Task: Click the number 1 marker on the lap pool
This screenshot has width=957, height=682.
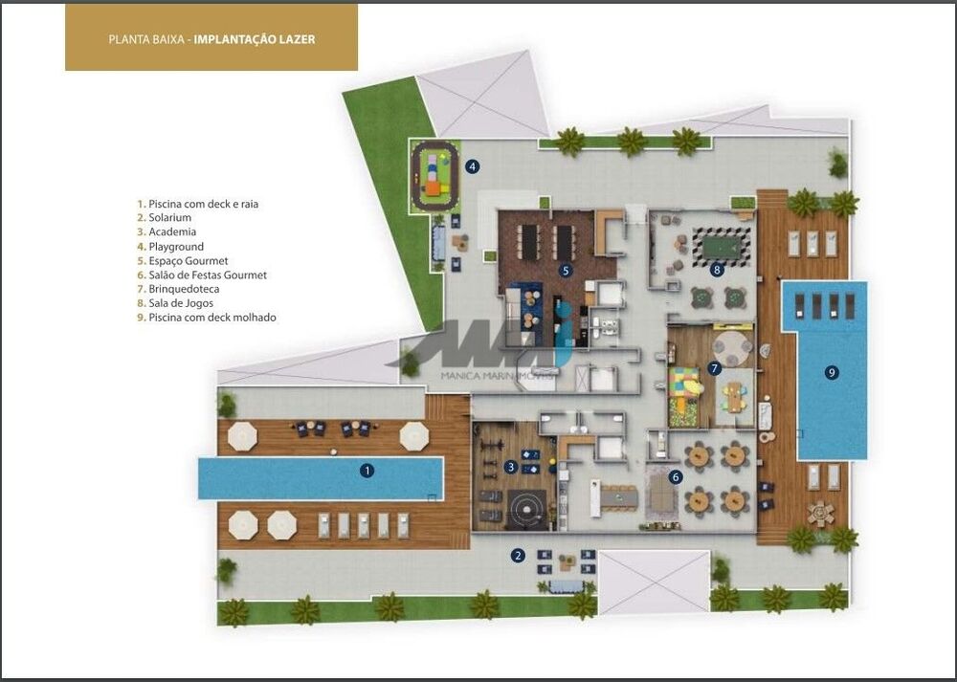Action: [x=367, y=470]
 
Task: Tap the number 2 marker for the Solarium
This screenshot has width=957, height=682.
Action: [x=518, y=555]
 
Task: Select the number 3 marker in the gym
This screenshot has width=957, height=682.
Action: [x=512, y=467]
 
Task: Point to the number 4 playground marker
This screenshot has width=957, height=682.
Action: [x=472, y=166]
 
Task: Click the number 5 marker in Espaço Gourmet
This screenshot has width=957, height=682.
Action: [x=566, y=271]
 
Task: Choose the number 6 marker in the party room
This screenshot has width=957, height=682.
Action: [x=676, y=475]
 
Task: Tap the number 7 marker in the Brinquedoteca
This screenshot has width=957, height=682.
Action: [x=715, y=367]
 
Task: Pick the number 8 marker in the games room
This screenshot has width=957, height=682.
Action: [x=717, y=270]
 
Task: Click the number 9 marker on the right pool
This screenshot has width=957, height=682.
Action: [x=832, y=372]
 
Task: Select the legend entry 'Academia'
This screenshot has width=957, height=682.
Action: [x=172, y=231]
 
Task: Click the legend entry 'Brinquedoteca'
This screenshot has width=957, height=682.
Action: [x=189, y=289]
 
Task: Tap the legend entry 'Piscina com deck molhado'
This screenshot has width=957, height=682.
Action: [x=211, y=318]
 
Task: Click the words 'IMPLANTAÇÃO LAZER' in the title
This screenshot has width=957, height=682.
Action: [x=255, y=40]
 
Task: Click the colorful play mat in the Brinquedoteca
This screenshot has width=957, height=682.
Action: [x=685, y=387]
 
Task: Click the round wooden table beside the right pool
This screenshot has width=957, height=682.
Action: [x=820, y=514]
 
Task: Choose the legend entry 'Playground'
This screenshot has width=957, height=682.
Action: [x=176, y=246]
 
